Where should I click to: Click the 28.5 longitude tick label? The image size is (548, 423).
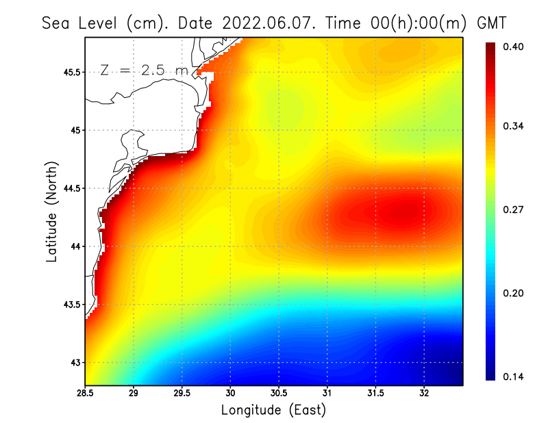click(85, 393)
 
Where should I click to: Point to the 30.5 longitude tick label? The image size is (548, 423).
click(279, 393)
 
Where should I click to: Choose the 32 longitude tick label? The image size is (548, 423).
click(424, 393)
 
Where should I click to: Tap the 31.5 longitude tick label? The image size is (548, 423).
click(375, 393)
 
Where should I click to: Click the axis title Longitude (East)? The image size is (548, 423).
click(273, 410)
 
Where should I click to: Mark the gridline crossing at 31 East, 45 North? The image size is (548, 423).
click(327, 130)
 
